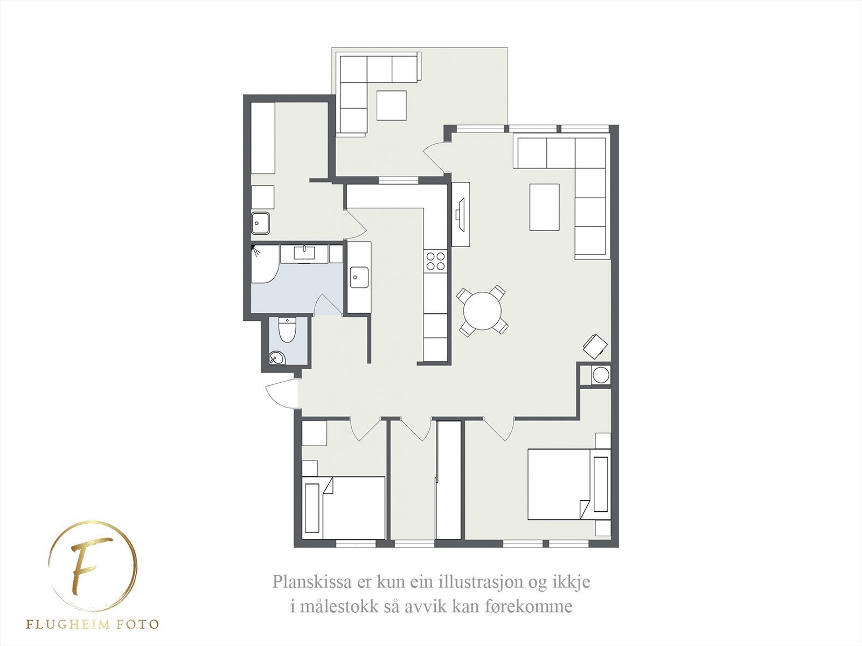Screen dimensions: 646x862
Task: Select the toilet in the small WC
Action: click(x=287, y=330)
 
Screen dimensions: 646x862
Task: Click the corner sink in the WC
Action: click(x=276, y=357)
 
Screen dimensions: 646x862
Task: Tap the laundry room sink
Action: click(x=261, y=222)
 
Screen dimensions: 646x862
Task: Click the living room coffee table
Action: click(x=544, y=207)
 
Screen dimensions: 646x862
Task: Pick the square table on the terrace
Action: click(x=391, y=106)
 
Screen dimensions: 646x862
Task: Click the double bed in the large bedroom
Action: click(x=560, y=483)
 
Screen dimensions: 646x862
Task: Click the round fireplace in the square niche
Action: click(x=600, y=375)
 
